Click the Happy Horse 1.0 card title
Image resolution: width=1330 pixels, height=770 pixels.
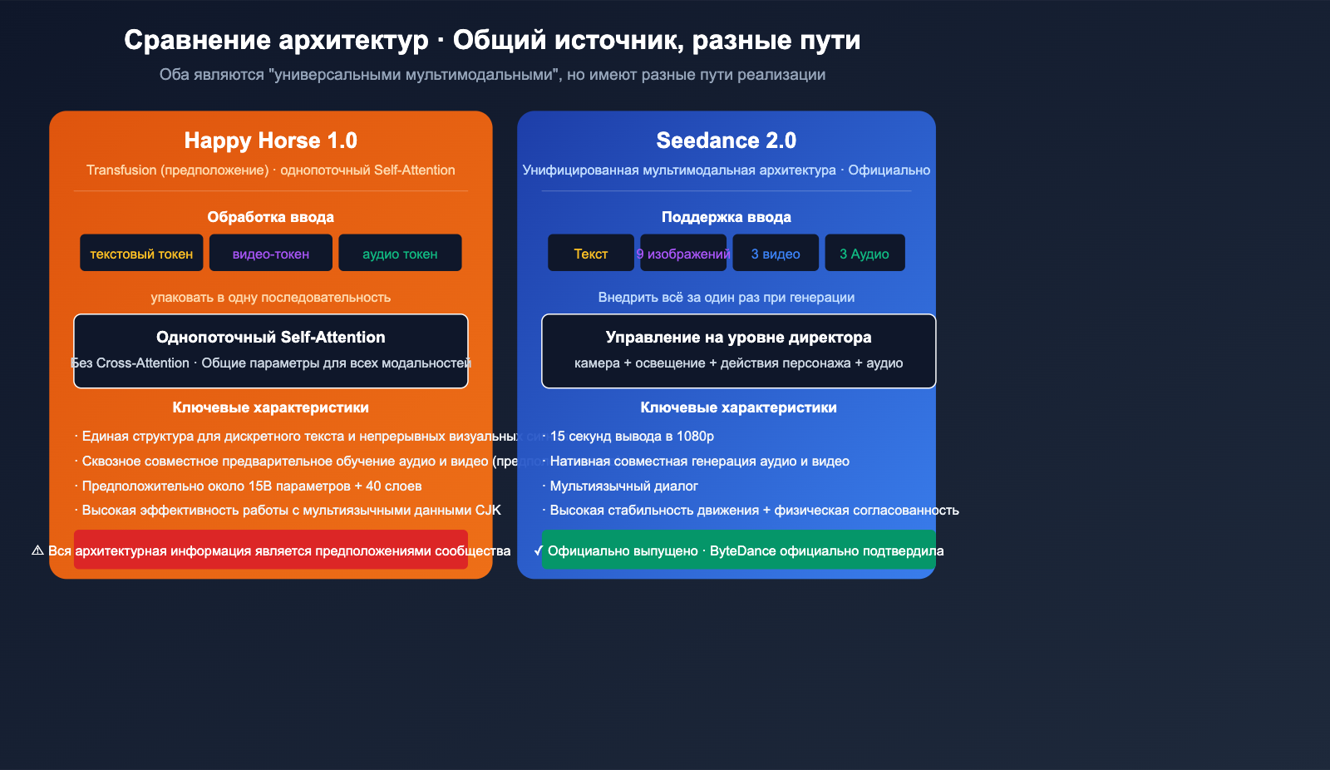(270, 141)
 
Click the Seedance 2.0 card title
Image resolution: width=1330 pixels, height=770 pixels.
(726, 141)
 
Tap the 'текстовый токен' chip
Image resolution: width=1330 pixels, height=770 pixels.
(141, 253)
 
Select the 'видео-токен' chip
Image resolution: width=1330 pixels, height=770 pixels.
(271, 253)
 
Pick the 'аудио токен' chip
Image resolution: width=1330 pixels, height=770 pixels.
(400, 253)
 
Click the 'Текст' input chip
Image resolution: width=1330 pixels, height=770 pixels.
(590, 253)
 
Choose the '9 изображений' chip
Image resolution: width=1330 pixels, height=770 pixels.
(683, 253)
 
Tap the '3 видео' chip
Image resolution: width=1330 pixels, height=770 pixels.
(776, 253)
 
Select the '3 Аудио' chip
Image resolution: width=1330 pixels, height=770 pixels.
(864, 253)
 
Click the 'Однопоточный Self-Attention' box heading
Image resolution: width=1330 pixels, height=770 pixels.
(271, 337)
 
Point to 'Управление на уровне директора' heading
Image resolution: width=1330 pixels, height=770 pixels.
(738, 337)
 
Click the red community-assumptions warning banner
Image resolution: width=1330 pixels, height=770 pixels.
(271, 550)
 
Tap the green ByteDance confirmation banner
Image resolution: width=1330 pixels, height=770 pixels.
(738, 550)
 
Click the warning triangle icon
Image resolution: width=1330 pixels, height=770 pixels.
(37, 550)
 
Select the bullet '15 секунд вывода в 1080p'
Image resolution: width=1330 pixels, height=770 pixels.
(632, 436)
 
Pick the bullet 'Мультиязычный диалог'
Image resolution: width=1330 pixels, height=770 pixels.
(623, 486)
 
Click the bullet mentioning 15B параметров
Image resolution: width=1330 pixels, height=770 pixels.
(251, 486)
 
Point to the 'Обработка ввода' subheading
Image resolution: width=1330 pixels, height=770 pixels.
(271, 217)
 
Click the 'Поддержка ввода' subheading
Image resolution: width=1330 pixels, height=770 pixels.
(726, 217)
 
